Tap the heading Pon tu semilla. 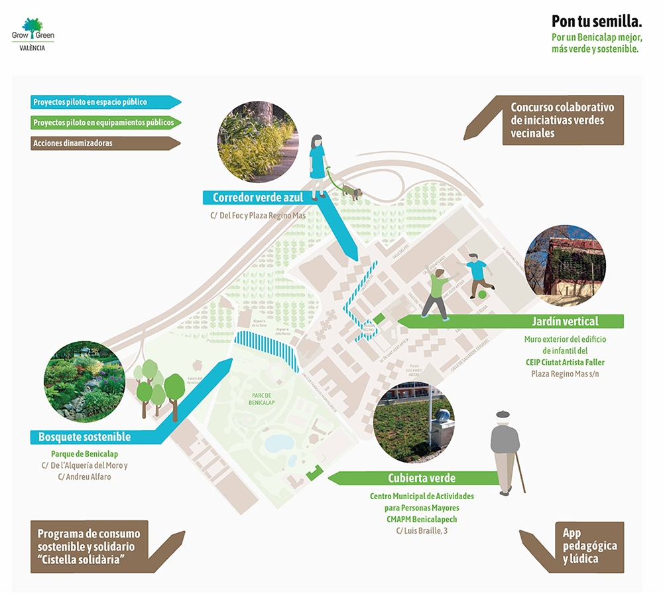597,21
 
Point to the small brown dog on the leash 355,193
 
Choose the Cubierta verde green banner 422,478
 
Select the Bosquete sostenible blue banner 84,437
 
